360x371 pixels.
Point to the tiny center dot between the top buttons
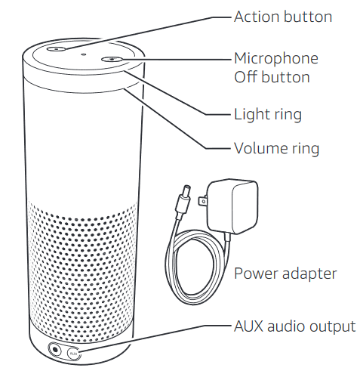84,53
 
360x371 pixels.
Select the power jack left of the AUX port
56,348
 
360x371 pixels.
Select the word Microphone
276,58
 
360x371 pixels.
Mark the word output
329,326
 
